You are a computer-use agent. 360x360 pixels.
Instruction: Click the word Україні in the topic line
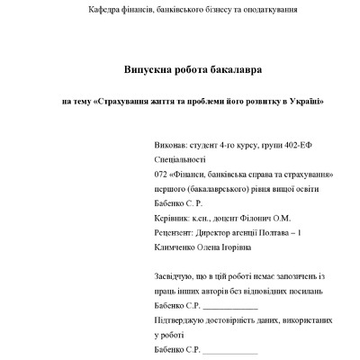coord(305,101)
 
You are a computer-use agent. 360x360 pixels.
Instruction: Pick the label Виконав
coord(174,144)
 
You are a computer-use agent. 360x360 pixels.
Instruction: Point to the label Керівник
coord(175,218)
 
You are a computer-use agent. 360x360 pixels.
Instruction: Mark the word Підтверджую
coord(184,319)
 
